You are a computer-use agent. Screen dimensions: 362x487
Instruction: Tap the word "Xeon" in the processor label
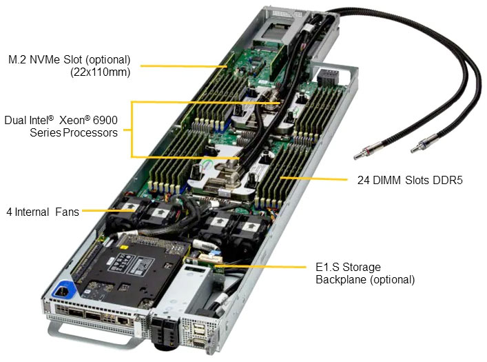(81, 120)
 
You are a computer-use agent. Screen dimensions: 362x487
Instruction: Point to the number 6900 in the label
(104, 120)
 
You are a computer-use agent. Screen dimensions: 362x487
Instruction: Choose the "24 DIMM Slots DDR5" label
(410, 181)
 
